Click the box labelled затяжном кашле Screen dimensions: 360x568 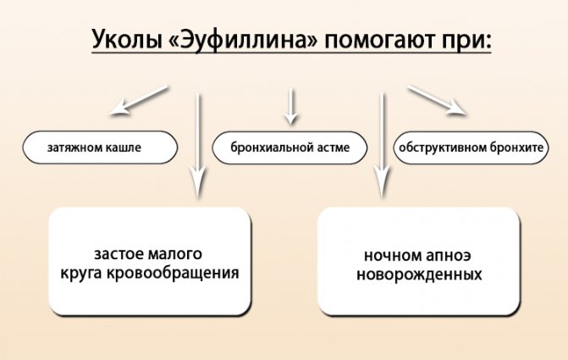tap(101, 147)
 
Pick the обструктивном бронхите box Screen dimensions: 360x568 tap(470, 147)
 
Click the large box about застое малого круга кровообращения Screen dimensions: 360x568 tap(150, 262)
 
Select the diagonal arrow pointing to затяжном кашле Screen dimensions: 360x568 tap(142, 100)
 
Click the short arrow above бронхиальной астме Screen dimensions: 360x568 tap(292, 104)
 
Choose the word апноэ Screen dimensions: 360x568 tap(443, 254)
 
